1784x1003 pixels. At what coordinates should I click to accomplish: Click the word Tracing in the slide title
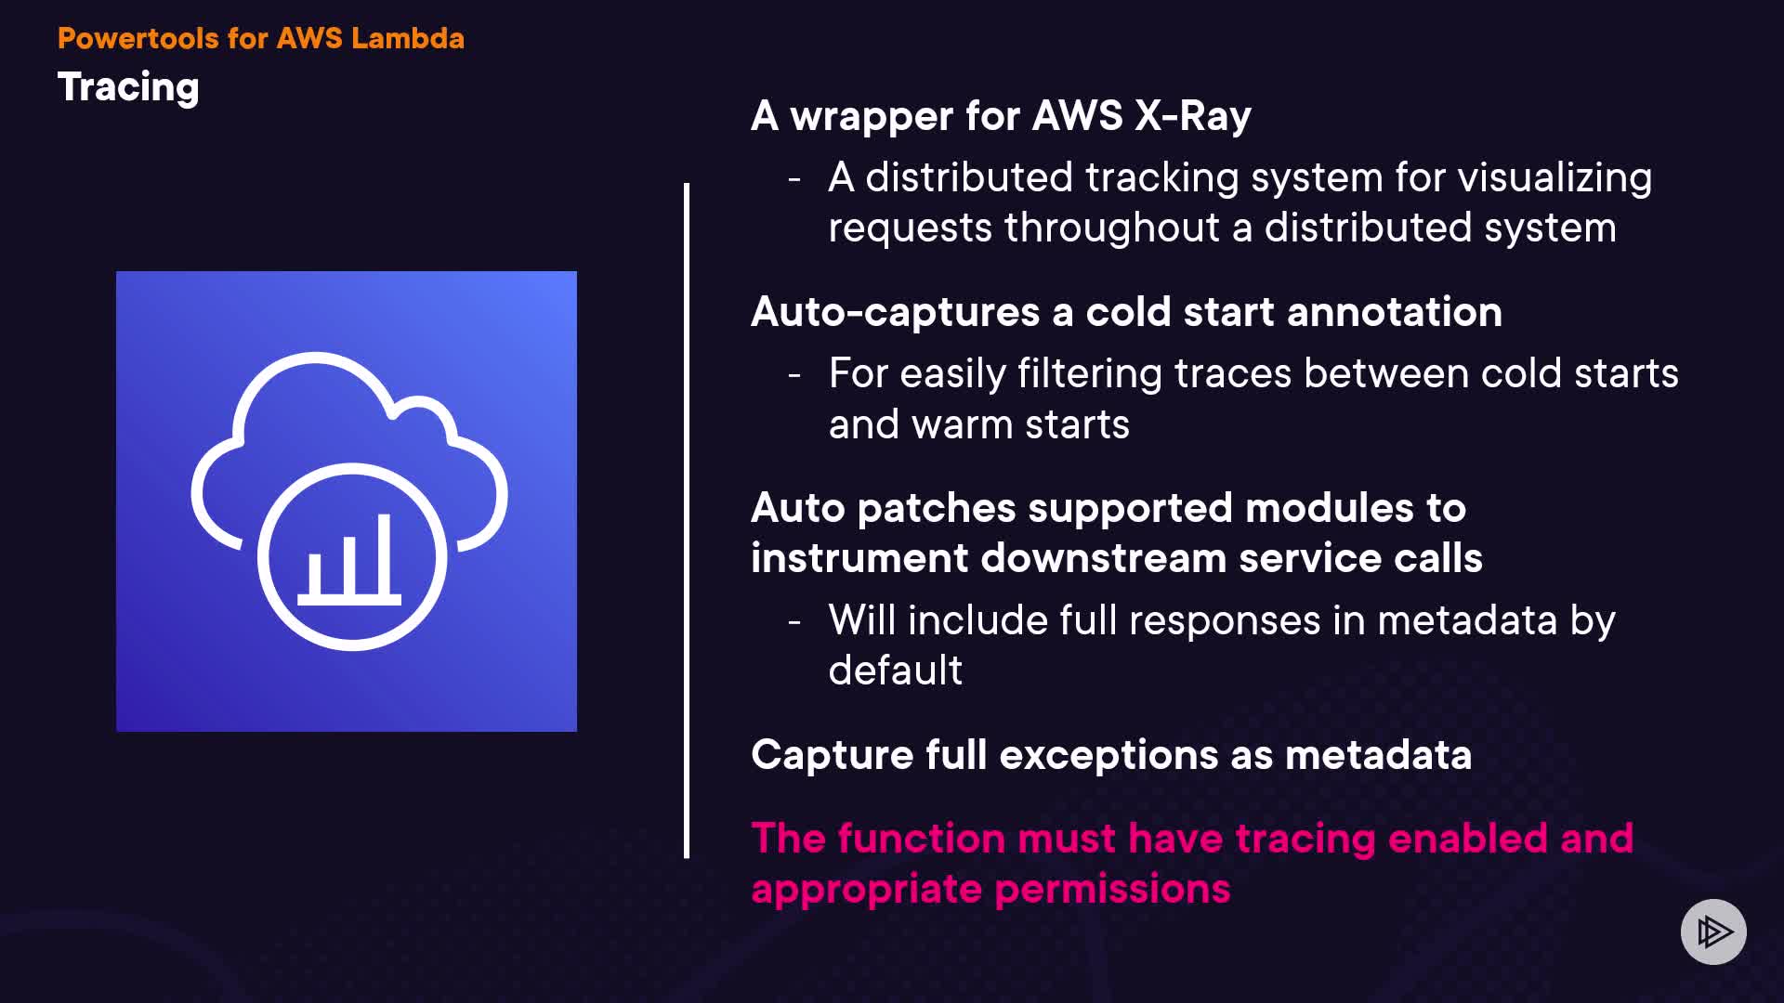pos(128,88)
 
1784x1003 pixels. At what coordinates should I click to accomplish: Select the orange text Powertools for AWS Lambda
pos(260,38)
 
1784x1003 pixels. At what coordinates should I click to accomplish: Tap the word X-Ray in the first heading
pos(1192,116)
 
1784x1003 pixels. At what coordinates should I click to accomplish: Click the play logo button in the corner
pos(1713,931)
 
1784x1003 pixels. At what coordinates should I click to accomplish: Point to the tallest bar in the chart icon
pos(385,554)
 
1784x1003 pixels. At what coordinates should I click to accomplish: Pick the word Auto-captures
pos(895,312)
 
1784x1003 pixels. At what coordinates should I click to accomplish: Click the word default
pos(895,671)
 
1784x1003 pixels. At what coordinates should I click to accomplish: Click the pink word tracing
pos(1305,839)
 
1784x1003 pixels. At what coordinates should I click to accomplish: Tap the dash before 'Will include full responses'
pos(794,621)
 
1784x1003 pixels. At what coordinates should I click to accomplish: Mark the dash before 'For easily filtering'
pos(794,375)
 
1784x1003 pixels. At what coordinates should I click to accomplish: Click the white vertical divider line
pos(687,520)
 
